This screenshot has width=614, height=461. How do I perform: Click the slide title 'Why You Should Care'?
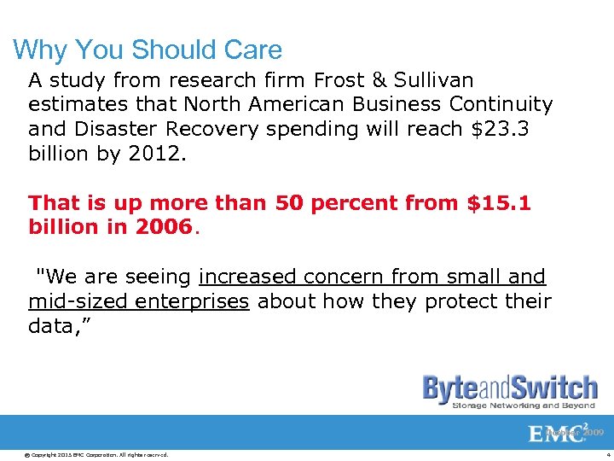[148, 50]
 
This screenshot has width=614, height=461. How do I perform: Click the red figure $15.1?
[499, 204]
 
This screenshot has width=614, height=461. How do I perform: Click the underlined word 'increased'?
[246, 277]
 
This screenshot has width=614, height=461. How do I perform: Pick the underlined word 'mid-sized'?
[70, 302]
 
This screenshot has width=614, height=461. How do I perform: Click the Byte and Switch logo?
[510, 388]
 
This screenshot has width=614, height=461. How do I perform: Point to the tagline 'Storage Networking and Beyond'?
[523, 406]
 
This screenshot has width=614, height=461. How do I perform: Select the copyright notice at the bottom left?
[87, 454]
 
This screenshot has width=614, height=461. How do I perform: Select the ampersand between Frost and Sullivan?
[378, 80]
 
